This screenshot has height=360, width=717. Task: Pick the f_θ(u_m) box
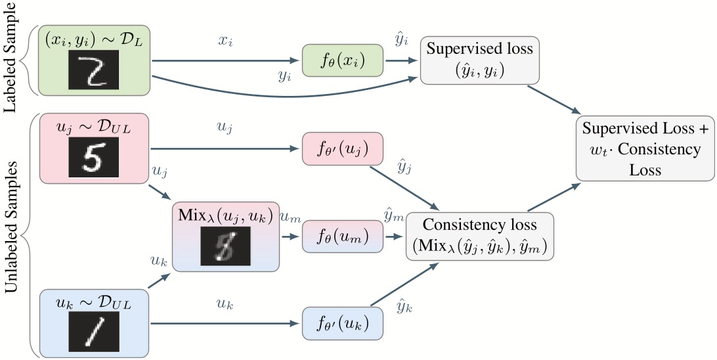pyautogui.click(x=342, y=235)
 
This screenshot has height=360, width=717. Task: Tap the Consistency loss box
pyautogui.click(x=480, y=235)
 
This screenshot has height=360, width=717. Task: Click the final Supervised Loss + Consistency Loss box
pyautogui.click(x=644, y=148)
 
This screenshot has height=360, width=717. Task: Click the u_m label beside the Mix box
pyautogui.click(x=290, y=217)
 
